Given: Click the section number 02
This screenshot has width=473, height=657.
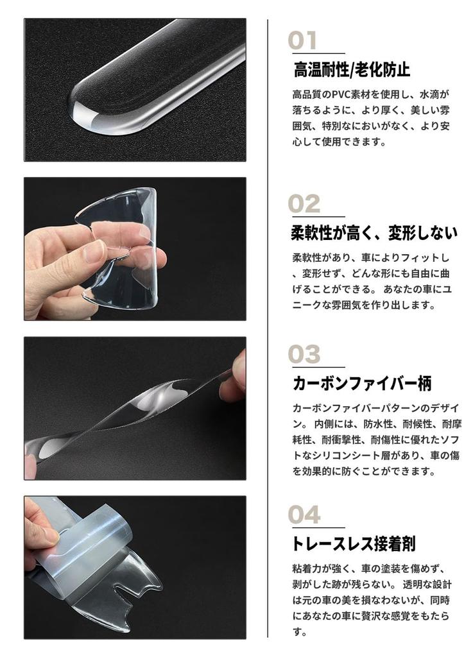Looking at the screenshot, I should (304, 204).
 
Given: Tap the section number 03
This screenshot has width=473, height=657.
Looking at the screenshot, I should (304, 355).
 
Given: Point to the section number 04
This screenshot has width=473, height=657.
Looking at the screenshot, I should (304, 515).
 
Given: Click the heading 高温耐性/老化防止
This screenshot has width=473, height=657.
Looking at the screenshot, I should (351, 69).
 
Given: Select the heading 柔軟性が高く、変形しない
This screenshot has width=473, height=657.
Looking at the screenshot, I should (374, 232).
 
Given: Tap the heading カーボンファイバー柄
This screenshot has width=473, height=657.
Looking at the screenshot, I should (361, 384).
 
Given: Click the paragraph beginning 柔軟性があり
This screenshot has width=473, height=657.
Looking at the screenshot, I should (372, 282).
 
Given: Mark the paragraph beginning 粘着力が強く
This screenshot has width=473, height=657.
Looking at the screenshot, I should (372, 600).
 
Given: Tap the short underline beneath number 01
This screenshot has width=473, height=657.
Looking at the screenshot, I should (316, 54).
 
